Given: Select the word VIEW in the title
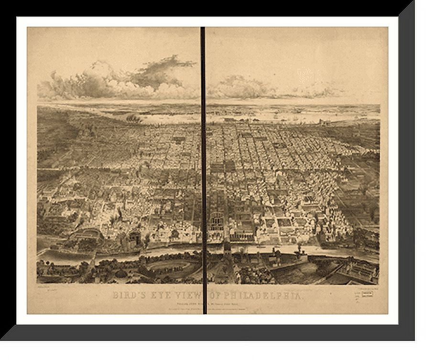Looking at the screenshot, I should [189, 296].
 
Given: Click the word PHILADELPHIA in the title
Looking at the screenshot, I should [263, 296].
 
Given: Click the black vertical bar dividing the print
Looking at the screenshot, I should [203, 167].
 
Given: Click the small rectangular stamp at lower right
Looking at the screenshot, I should [367, 294].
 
